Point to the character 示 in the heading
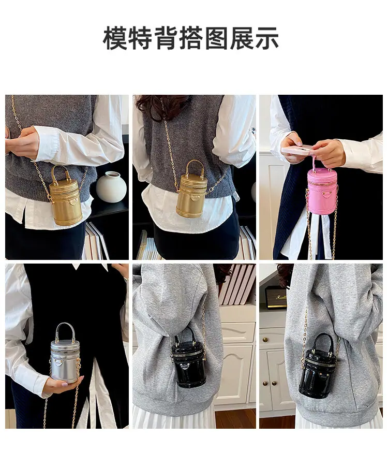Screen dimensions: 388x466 [267, 38]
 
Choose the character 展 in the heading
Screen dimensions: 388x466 [242, 38]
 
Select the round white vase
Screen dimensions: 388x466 [111, 187]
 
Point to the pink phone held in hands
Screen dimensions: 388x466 [296, 149]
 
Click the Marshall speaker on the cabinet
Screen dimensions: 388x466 [276, 298]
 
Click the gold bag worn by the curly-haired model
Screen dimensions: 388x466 [191, 189]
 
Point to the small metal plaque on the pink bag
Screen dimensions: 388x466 [327, 194]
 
